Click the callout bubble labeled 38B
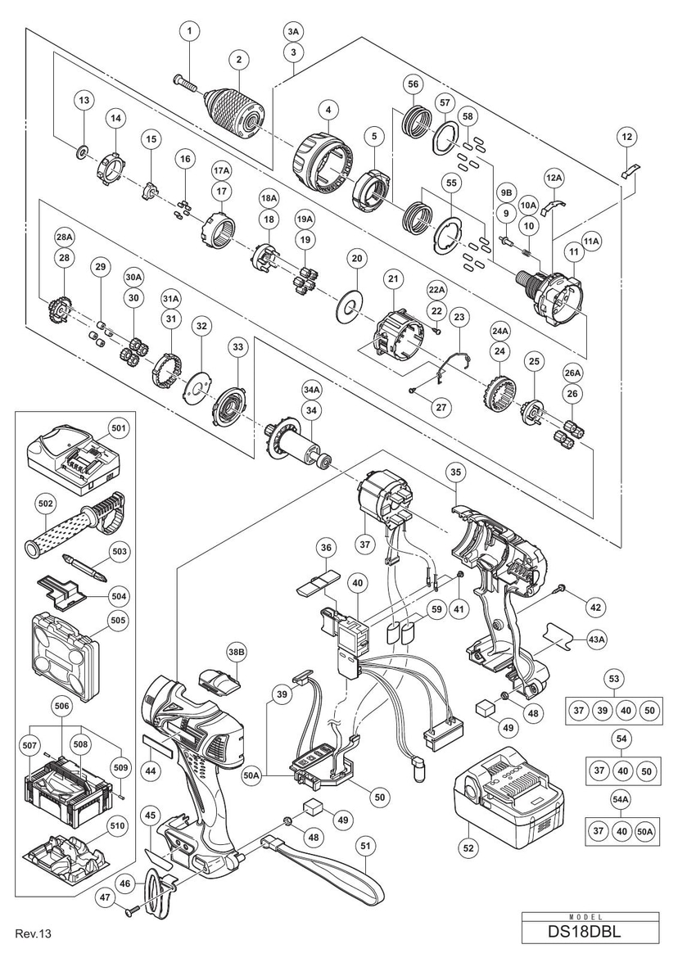tap(237, 652)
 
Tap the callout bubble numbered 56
tap(413, 84)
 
